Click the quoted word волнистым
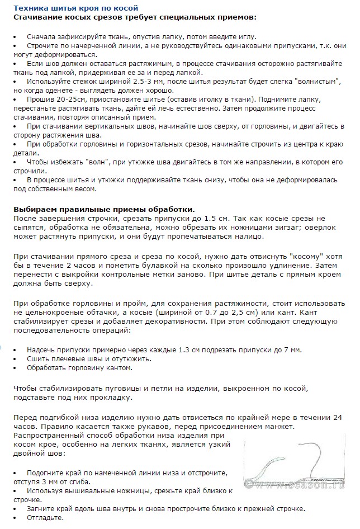pyautogui.click(x=314, y=81)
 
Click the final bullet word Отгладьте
pyautogui.click(x=45, y=518)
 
